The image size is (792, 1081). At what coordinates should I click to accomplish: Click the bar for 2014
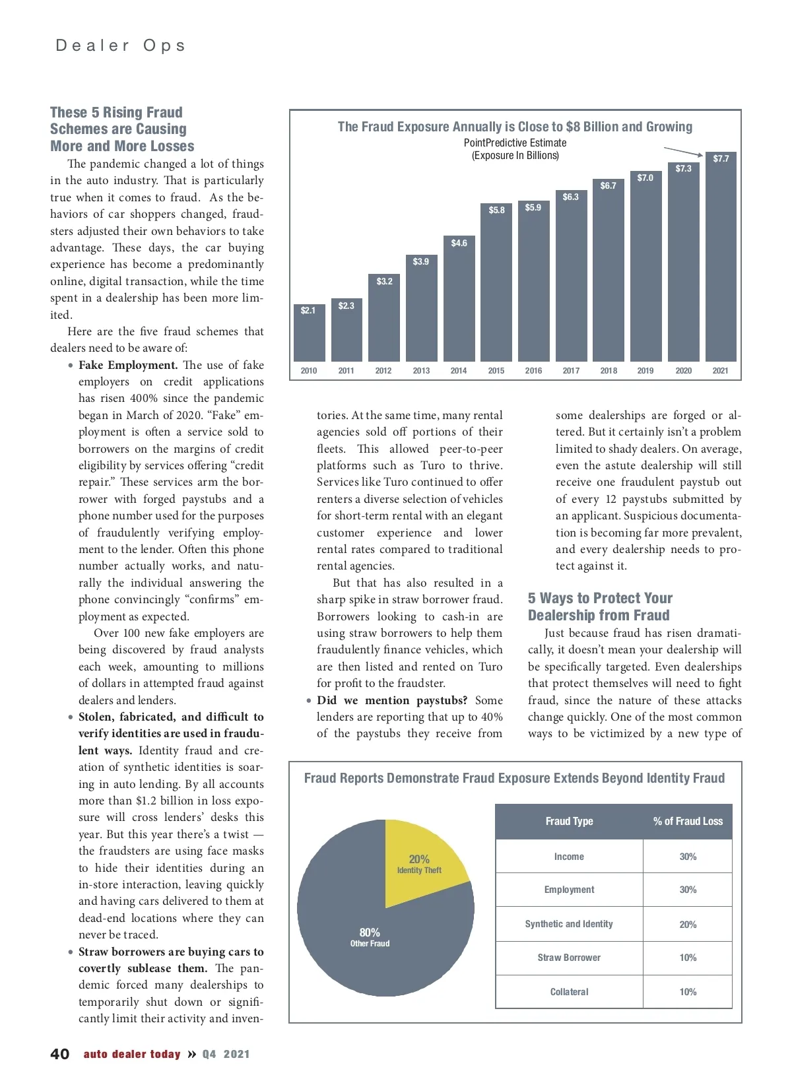459,304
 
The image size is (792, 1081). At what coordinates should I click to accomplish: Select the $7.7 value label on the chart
721,158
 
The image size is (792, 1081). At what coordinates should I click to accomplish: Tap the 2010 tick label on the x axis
308,371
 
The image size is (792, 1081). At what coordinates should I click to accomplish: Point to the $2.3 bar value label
346,306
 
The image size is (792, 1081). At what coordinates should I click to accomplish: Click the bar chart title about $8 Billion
515,127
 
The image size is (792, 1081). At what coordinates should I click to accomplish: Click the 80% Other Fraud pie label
370,936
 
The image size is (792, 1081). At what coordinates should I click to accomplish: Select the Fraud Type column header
569,821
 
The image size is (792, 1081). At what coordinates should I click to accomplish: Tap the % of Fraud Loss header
688,821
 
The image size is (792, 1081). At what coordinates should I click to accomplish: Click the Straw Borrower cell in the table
569,958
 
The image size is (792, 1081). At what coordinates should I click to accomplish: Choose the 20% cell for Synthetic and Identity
688,924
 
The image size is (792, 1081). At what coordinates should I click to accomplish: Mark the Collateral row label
569,991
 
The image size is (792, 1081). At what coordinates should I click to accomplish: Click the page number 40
59,1054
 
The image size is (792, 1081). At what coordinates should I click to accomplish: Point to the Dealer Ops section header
120,46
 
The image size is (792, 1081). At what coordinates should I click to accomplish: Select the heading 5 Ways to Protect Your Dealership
599,606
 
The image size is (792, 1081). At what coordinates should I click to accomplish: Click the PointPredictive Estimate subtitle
515,143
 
